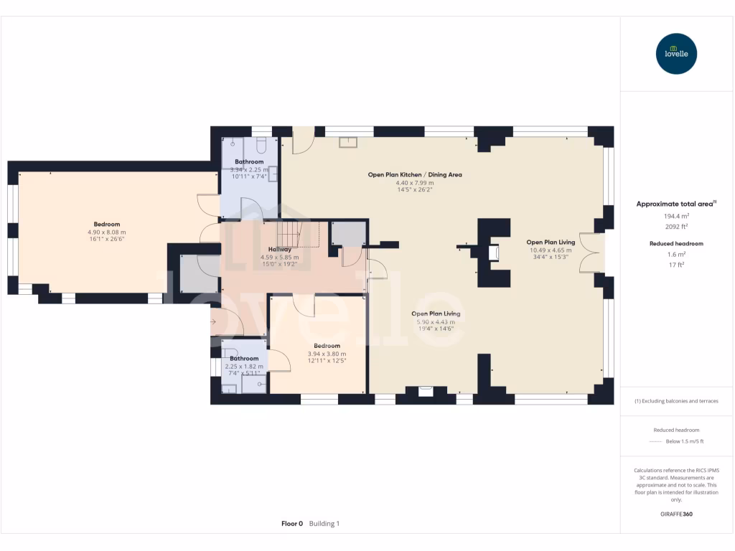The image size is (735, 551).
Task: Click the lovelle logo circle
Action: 676,54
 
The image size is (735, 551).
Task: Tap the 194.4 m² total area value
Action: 675,216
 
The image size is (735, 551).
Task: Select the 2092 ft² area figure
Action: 675,226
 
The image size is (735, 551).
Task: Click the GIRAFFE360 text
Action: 675,514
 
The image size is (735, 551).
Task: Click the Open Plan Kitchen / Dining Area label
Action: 415,174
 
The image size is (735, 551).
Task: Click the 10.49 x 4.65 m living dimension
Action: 551,250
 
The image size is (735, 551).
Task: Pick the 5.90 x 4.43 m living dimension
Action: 436,322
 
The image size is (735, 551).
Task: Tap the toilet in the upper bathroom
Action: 261,145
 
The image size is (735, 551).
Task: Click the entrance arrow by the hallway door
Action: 214,323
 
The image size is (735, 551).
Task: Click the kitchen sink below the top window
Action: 350,141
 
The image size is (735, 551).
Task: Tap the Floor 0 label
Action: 292,524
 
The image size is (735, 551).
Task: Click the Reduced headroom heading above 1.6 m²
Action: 675,244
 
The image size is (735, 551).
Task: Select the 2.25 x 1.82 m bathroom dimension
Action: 244,367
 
